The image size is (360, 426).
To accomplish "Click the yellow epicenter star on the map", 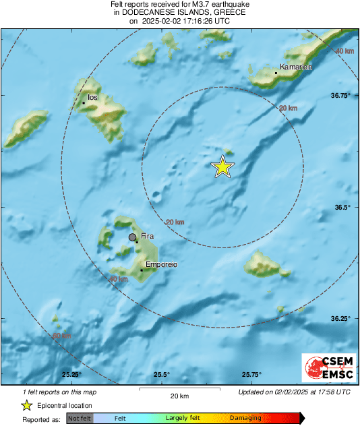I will (x=222, y=166).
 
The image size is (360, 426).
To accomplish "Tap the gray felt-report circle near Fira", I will (x=133, y=237).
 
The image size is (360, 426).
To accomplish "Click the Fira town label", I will (x=148, y=236).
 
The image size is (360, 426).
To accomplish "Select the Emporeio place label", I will (x=161, y=265).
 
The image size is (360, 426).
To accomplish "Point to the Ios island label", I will (x=93, y=98).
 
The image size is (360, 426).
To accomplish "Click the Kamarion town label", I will (x=297, y=67).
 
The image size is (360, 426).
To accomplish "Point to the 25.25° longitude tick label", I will (x=71, y=375).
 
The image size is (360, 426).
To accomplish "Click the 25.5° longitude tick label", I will (x=161, y=375).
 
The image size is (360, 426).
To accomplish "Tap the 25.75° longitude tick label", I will (x=251, y=375).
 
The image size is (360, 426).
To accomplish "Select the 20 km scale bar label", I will (x=179, y=396).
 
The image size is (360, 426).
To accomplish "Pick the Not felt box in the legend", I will (x=80, y=419).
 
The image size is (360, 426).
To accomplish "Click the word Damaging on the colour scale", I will (x=245, y=419).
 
